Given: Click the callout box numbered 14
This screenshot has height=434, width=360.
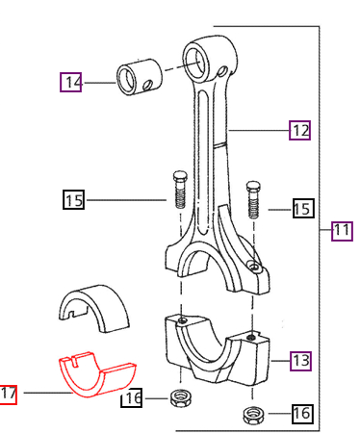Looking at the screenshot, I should [x=71, y=83].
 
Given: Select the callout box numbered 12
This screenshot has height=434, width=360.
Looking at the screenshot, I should [x=300, y=130].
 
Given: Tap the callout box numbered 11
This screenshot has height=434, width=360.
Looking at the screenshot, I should [x=342, y=231].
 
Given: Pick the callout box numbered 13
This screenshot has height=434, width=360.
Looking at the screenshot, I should [x=300, y=361].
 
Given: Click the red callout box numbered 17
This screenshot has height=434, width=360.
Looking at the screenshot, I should [x=9, y=394].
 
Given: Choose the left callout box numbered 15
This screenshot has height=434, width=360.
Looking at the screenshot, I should [x=74, y=200].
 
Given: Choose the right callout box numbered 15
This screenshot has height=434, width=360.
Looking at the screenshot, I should [x=302, y=208].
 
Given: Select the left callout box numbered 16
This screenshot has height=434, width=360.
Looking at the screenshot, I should [x=132, y=398].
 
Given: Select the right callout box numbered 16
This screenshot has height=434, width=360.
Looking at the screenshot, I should [x=301, y=414].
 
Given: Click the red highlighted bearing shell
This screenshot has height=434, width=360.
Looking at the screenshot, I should [x=96, y=375].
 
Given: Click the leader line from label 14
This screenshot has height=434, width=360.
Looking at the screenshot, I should [x=99, y=83].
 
